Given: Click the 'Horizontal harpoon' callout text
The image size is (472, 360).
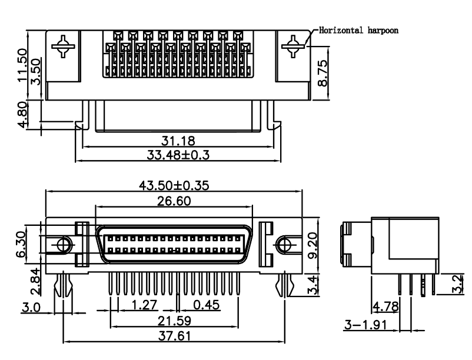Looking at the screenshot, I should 359,29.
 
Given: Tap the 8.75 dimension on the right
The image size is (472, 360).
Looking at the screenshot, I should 323,72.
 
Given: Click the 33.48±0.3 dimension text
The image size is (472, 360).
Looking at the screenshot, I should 178,155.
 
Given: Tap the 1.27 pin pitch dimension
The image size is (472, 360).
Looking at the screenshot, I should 145,305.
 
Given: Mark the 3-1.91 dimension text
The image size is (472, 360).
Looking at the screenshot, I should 364,324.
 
